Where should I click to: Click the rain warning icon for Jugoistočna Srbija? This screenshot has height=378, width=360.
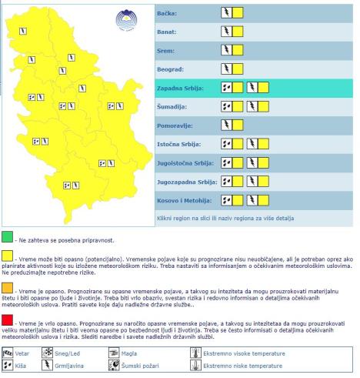click(226, 162)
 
